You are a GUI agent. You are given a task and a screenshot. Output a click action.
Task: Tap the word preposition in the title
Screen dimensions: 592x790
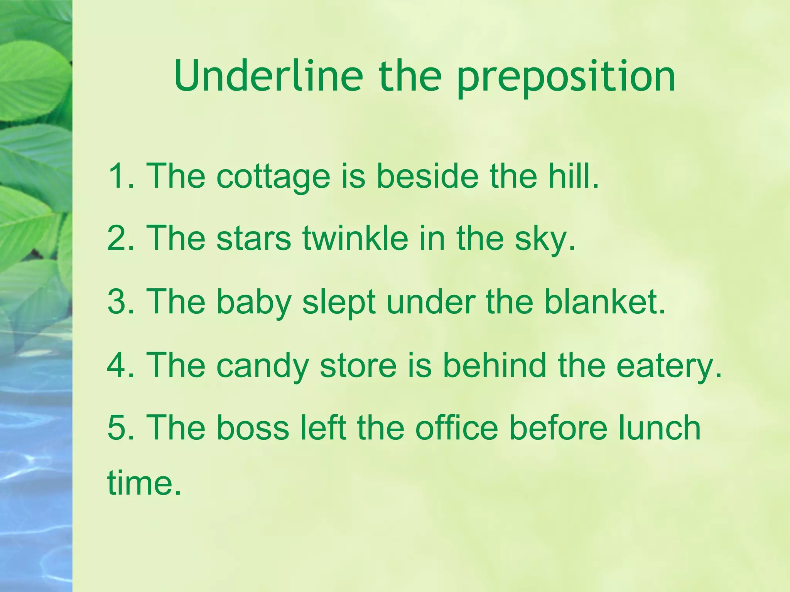pos(566,77)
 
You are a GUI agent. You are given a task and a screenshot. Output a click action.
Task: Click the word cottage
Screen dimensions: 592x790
pos(273,177)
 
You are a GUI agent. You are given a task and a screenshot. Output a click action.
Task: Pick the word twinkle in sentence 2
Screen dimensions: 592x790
pos(355,238)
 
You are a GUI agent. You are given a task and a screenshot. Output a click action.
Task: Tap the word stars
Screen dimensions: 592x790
pos(253,239)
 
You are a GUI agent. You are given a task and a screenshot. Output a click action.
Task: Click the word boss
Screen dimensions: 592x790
pos(253,428)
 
